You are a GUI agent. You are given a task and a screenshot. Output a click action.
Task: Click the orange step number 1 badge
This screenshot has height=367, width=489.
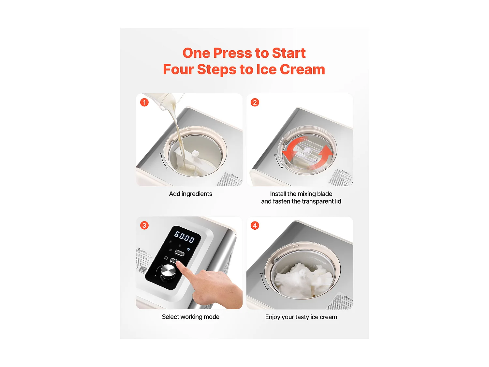point(144,102)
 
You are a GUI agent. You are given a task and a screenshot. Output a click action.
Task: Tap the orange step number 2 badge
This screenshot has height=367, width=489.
point(255,102)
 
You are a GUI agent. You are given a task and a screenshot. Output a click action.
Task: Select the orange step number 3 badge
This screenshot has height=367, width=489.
point(144,225)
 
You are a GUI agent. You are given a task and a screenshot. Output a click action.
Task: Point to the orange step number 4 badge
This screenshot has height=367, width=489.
point(255,225)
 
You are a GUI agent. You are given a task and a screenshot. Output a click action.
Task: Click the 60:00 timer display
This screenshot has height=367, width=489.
point(185,237)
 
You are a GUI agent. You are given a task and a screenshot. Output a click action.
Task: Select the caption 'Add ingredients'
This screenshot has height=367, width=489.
point(190,194)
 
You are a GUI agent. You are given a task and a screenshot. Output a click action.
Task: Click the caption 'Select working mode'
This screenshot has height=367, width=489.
point(190,317)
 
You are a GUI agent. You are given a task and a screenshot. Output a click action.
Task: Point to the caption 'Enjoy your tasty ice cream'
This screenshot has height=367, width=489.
point(301,317)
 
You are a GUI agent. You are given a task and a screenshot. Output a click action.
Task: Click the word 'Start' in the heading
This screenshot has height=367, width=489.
point(289,53)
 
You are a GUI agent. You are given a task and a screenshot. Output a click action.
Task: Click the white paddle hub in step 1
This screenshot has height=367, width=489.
point(195,153)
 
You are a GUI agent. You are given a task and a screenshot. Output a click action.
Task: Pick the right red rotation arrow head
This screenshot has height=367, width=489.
point(326,151)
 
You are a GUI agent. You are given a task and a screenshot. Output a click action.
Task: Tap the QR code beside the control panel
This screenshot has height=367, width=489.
point(142,269)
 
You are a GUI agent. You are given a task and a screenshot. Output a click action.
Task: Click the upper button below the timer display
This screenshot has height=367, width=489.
point(180,252)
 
